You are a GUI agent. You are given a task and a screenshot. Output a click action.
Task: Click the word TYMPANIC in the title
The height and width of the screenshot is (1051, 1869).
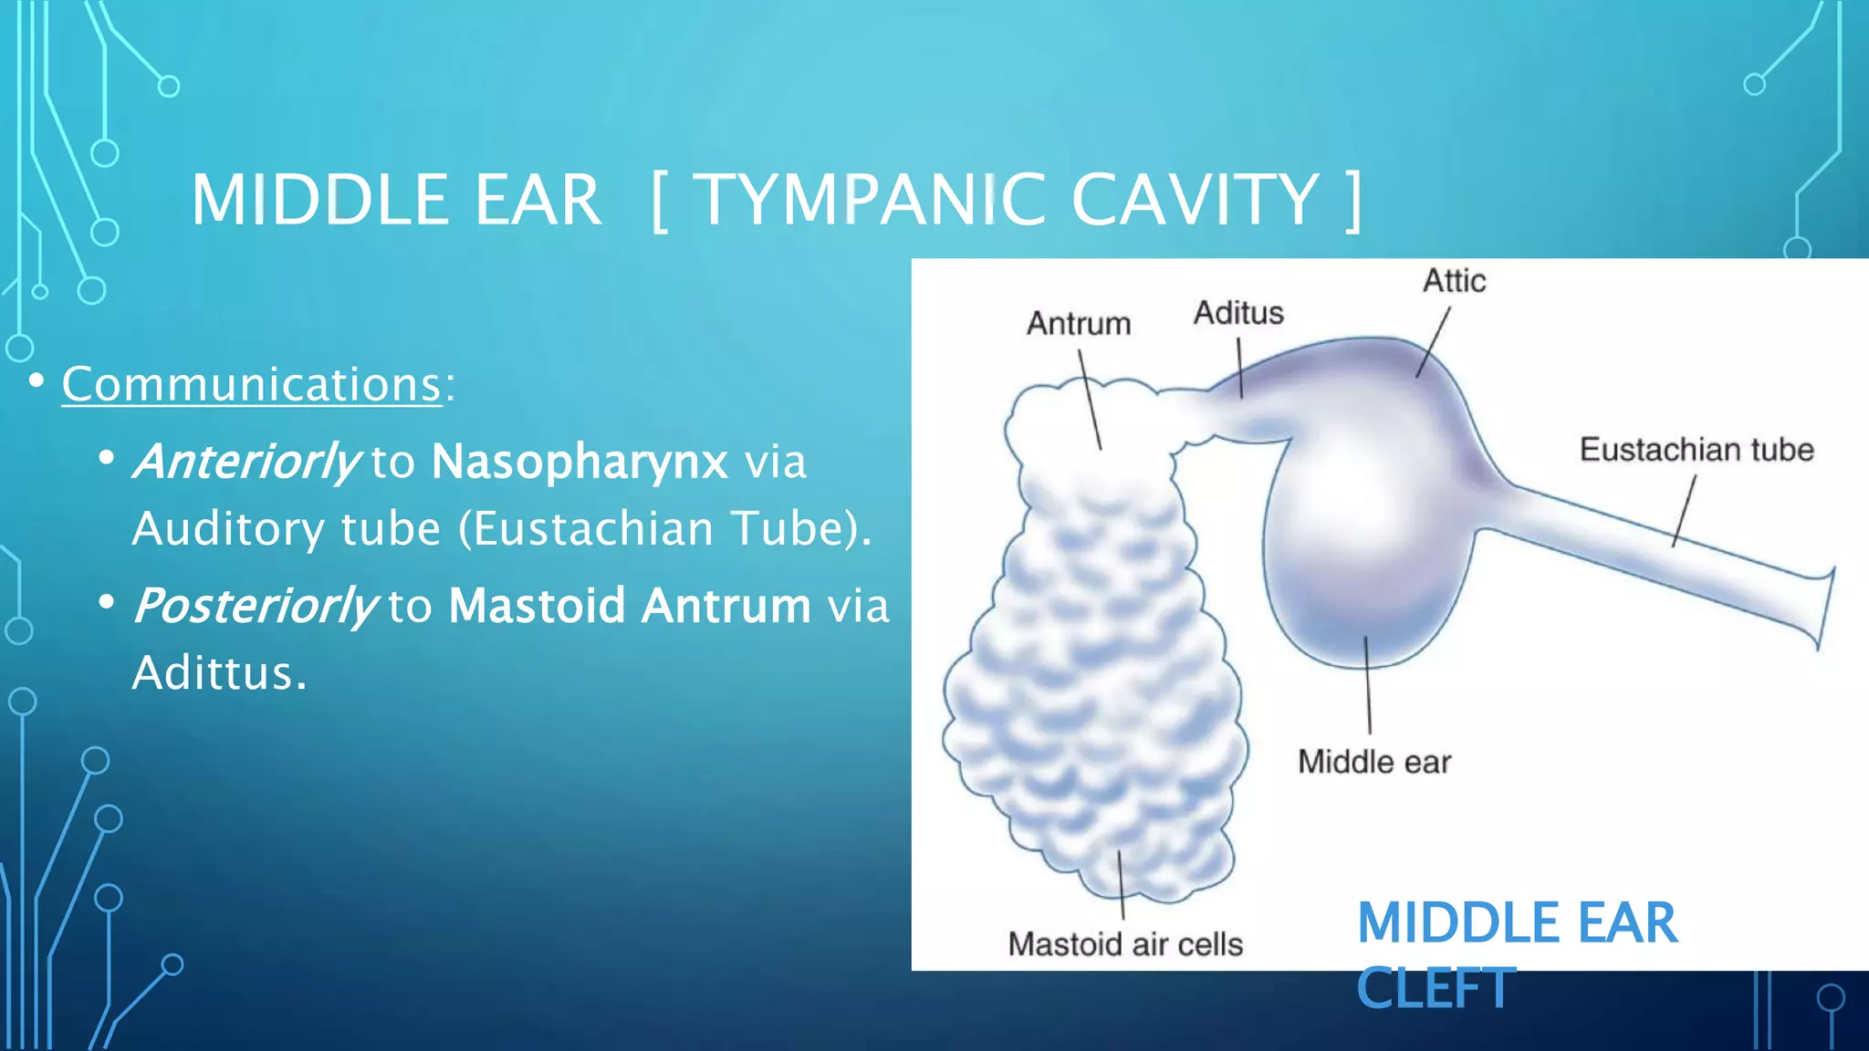(871, 200)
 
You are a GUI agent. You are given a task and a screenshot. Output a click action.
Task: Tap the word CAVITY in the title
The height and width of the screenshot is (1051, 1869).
(1195, 200)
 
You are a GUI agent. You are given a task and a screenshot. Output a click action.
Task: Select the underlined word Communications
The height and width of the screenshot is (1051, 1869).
(252, 384)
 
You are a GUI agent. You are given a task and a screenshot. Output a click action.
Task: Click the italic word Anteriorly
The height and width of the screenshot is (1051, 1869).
(246, 461)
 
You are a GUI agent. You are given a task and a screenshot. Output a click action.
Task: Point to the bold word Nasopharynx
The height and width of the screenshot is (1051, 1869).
(579, 461)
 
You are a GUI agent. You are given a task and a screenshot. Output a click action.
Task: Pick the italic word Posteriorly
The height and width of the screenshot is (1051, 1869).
(255, 605)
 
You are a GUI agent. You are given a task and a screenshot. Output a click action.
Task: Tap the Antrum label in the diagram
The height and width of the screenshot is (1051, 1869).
(1078, 324)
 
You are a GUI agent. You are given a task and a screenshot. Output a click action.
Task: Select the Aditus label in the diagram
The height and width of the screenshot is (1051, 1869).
(1238, 313)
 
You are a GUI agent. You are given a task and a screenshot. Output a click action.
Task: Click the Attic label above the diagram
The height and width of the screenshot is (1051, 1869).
(1454, 281)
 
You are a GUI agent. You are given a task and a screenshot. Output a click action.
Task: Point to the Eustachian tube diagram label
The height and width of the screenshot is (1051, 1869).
(1697, 450)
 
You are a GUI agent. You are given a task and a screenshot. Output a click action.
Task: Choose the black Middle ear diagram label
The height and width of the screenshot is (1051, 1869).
(1374, 762)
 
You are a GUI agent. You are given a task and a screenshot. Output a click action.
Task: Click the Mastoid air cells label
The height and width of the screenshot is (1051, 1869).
(1125, 944)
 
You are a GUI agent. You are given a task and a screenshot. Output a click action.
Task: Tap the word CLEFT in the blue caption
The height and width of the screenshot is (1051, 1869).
(1436, 988)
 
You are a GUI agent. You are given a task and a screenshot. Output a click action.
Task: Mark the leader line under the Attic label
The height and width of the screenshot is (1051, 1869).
(1433, 342)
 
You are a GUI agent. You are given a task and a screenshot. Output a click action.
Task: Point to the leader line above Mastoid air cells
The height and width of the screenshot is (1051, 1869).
(1122, 885)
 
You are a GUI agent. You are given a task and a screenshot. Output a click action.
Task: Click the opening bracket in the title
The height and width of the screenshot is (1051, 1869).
(660, 201)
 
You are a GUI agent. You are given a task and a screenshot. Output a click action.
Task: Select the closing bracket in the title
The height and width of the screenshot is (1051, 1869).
(1353, 201)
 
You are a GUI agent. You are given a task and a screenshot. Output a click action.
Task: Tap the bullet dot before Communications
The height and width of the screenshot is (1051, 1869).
(37, 380)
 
